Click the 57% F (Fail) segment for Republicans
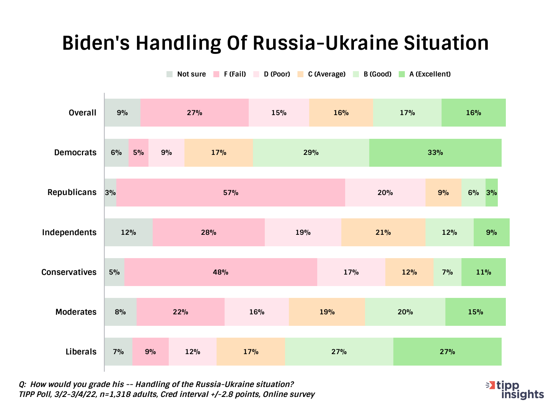(231, 192)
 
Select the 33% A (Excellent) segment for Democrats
(435, 153)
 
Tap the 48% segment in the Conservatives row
(221, 272)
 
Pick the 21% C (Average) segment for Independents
(383, 232)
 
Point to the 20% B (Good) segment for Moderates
(405, 312)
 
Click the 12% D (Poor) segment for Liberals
(192, 351)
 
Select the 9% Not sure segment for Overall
(122, 112)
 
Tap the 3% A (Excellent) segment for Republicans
(492, 192)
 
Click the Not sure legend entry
(186, 74)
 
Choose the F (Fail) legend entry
(230, 74)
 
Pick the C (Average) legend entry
(321, 74)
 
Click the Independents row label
(69, 232)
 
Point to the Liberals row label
(81, 351)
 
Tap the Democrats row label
(75, 153)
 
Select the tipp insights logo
(515, 390)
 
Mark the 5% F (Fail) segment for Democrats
(139, 153)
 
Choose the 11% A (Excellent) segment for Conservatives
(483, 272)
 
